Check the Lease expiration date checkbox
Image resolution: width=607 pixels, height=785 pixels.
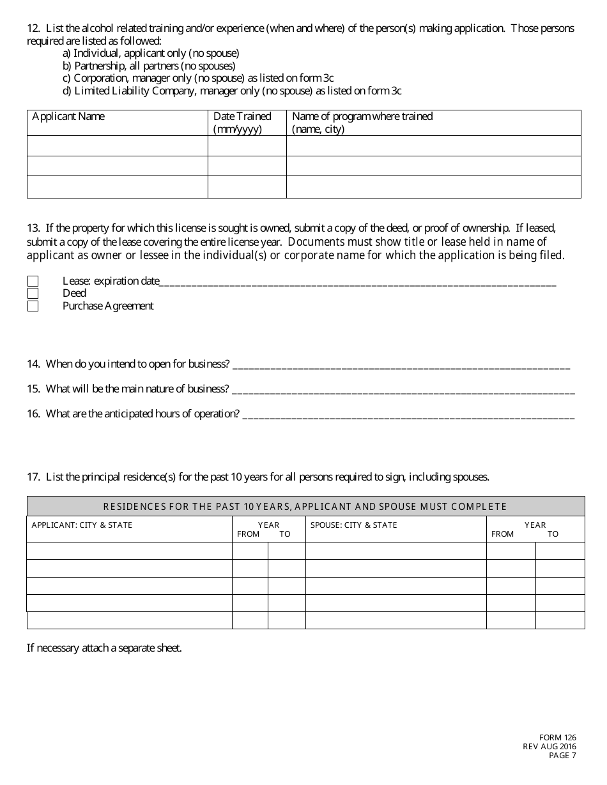click(33, 281)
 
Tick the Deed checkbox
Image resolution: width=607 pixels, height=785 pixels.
click(33, 294)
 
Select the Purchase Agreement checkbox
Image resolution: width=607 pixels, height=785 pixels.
click(33, 306)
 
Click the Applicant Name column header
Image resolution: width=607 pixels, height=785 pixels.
click(68, 117)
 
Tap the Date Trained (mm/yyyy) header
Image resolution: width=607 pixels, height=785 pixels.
click(242, 123)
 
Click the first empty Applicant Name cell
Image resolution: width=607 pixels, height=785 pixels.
click(118, 146)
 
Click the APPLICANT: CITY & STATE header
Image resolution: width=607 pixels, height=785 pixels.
click(82, 525)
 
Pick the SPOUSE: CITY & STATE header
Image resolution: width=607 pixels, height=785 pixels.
click(353, 525)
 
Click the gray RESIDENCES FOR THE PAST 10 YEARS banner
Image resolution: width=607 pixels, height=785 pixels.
click(305, 507)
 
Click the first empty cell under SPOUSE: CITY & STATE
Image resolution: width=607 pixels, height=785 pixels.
click(396, 551)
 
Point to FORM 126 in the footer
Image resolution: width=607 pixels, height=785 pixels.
click(557, 738)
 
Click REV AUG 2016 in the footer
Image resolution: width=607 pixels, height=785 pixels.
click(549, 747)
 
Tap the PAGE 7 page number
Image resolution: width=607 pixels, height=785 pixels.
click(562, 756)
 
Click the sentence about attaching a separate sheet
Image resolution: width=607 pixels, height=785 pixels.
click(104, 648)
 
